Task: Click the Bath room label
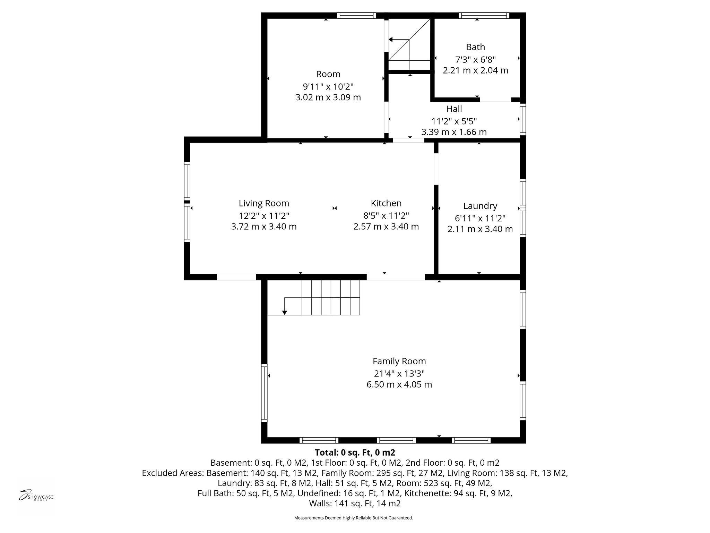click(x=475, y=47)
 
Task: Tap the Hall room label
click(x=454, y=109)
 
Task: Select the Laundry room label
click(x=480, y=206)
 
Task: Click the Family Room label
click(x=399, y=361)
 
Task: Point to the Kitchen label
click(x=386, y=203)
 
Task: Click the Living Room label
click(x=263, y=203)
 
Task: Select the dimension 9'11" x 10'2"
click(x=328, y=86)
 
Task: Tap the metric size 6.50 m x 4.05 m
click(x=399, y=384)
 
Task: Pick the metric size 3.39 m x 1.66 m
click(x=454, y=132)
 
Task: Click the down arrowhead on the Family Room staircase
click(x=285, y=313)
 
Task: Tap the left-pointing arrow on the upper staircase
click(x=391, y=40)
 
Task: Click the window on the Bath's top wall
click(x=484, y=15)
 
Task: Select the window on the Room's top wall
click(x=356, y=15)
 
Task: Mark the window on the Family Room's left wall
click(x=264, y=392)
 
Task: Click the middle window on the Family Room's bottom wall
click(x=396, y=440)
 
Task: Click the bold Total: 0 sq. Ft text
click(x=355, y=452)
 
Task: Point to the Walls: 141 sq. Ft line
click(x=355, y=504)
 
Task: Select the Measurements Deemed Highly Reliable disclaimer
click(x=354, y=518)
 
